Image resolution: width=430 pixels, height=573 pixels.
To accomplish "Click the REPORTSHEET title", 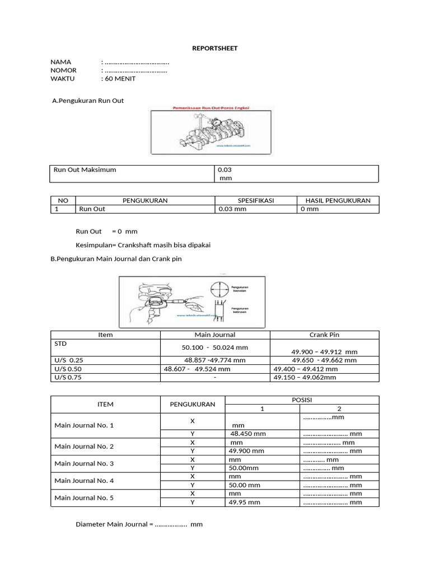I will [x=215, y=48].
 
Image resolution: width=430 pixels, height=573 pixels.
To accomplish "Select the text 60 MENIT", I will [x=120, y=79].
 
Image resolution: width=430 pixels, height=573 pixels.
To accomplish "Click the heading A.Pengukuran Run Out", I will [x=87, y=100].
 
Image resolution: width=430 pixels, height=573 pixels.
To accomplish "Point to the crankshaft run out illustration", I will [x=211, y=129].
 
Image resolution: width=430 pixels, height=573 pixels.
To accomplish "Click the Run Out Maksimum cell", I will [x=85, y=170].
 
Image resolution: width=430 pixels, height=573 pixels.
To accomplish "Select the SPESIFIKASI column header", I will [x=255, y=200].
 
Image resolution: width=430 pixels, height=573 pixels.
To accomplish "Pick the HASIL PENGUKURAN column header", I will [x=338, y=200].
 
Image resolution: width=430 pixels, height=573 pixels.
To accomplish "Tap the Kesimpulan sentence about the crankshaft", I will [x=143, y=245].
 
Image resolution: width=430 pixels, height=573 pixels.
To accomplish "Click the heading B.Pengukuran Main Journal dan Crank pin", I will [x=116, y=259].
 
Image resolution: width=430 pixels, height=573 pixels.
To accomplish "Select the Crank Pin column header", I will [x=324, y=335].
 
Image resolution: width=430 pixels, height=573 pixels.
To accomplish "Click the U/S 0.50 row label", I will [x=68, y=369].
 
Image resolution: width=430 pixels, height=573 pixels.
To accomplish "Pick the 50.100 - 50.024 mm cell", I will [x=215, y=347].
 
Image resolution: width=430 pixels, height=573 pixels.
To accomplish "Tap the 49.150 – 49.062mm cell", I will [x=305, y=378].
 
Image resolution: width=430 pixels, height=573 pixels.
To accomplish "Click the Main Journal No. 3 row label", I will [x=84, y=463].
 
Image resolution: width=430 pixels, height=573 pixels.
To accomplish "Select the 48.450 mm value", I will [x=248, y=434].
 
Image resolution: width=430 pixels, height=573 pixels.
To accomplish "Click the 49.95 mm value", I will [x=245, y=502].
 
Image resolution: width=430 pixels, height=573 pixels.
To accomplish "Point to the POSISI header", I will [x=301, y=400].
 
